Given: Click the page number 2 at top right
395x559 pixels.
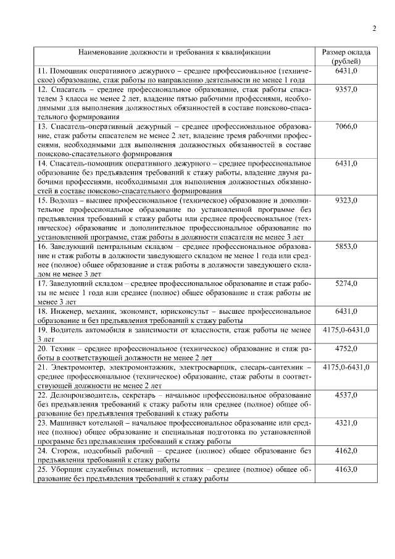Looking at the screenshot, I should pos(374,28).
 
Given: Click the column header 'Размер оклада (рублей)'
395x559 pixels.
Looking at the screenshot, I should pos(346,57).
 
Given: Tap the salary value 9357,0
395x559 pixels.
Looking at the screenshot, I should pos(346,90).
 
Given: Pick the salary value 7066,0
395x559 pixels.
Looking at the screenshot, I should pos(346,127).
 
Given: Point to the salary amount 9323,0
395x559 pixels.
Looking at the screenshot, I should pos(346,200).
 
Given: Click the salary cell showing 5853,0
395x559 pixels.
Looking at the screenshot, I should pos(346,246).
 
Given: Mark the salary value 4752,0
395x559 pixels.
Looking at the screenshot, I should pos(346,348).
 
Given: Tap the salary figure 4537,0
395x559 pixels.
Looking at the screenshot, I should pos(346,395).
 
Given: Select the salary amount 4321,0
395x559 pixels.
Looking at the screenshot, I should pos(346,422).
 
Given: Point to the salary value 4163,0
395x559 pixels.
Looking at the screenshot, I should pos(346,469).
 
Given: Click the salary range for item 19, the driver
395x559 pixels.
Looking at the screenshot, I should pos(346,330).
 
